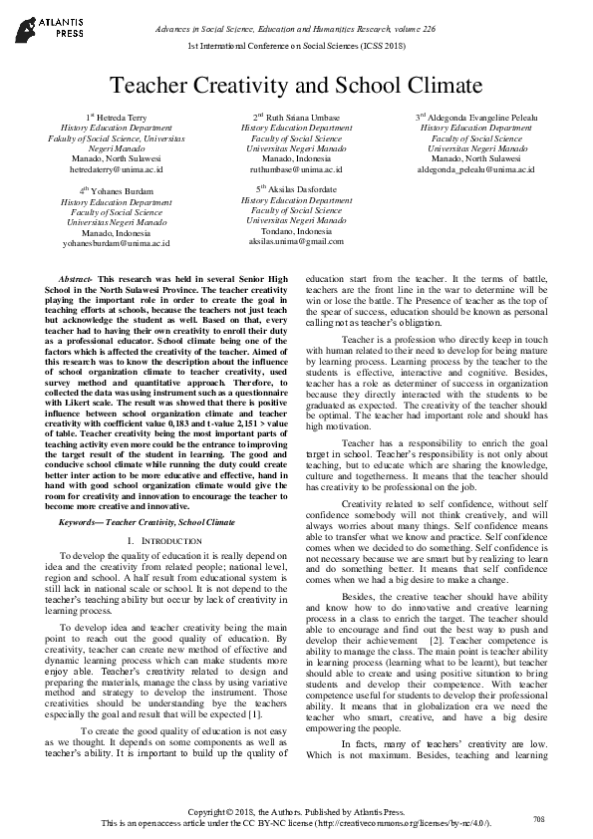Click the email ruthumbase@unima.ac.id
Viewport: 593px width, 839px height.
click(296, 169)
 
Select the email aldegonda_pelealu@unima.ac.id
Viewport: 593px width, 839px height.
click(475, 169)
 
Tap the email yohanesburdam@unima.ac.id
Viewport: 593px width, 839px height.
click(117, 242)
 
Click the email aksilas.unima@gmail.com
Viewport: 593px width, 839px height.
click(296, 241)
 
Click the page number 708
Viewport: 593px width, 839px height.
click(539, 818)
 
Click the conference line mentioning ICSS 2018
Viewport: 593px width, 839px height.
click(296, 47)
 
